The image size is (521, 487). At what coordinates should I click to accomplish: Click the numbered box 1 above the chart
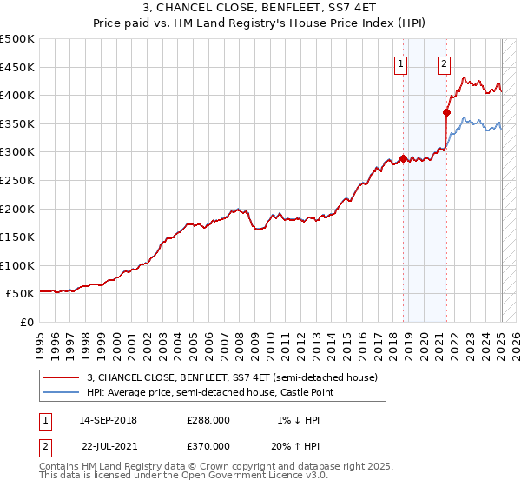click(401, 63)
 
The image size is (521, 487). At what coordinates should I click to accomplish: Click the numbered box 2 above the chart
click(444, 63)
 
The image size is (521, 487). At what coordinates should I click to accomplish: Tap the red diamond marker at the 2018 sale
click(403, 159)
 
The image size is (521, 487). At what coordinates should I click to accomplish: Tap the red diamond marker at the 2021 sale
click(446, 111)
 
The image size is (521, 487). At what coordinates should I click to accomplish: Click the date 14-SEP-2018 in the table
click(108, 420)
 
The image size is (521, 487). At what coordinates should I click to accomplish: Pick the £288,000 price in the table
click(208, 420)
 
